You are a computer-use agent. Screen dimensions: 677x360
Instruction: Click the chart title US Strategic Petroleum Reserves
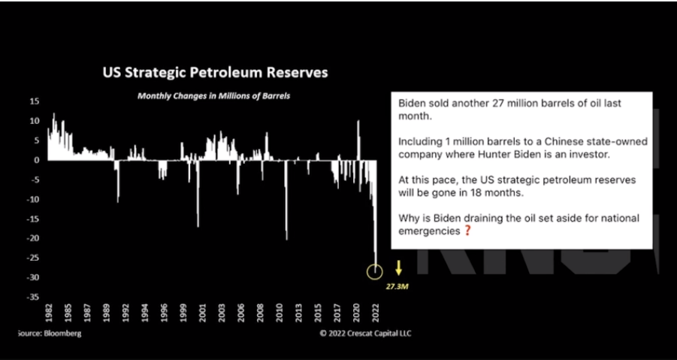pos(215,72)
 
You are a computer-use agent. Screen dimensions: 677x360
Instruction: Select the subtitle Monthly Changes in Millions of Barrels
pos(213,96)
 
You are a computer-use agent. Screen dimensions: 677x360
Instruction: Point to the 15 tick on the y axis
pos(34,101)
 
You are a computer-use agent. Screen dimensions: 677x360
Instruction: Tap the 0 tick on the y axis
pos(37,160)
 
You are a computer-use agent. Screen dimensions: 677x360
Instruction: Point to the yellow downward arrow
pos(398,268)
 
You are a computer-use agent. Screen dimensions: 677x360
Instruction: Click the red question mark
pos(467,231)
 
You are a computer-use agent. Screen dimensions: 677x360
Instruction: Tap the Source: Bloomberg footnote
pos(50,333)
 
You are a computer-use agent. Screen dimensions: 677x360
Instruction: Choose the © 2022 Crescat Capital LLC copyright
pos(365,333)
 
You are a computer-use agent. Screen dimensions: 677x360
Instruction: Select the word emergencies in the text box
pos(429,231)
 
